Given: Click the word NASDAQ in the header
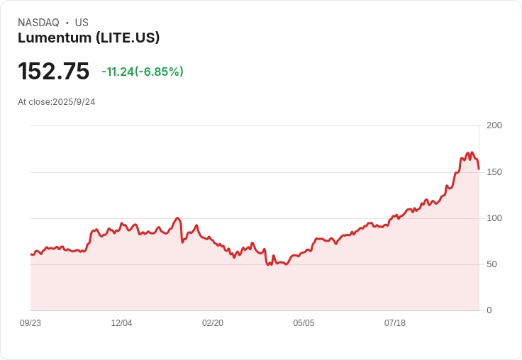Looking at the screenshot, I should [38, 23].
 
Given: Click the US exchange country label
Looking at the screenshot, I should [82, 23].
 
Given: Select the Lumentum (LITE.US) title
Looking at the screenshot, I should [89, 38].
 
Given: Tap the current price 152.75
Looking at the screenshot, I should [54, 72].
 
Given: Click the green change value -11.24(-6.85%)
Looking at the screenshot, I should [143, 72].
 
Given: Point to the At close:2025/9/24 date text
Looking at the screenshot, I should [57, 102].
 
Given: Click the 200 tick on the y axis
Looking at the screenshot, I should [494, 125].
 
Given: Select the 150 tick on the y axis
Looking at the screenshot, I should [494, 172].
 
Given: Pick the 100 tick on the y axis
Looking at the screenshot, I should [494, 218].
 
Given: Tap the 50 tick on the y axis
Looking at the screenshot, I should [492, 264].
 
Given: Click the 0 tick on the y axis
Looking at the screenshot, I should [489, 310].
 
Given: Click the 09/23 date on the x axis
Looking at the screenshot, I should [30, 323].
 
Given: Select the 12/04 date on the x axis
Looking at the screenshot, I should [121, 323].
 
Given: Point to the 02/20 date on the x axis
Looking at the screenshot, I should [213, 323].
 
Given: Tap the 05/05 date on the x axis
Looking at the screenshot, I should [304, 323].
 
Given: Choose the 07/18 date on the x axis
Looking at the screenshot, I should [395, 323].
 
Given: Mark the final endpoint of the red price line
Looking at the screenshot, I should [479, 169].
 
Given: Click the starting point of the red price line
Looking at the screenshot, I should [31, 254].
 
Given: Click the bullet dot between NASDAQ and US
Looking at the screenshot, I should [67, 23].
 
